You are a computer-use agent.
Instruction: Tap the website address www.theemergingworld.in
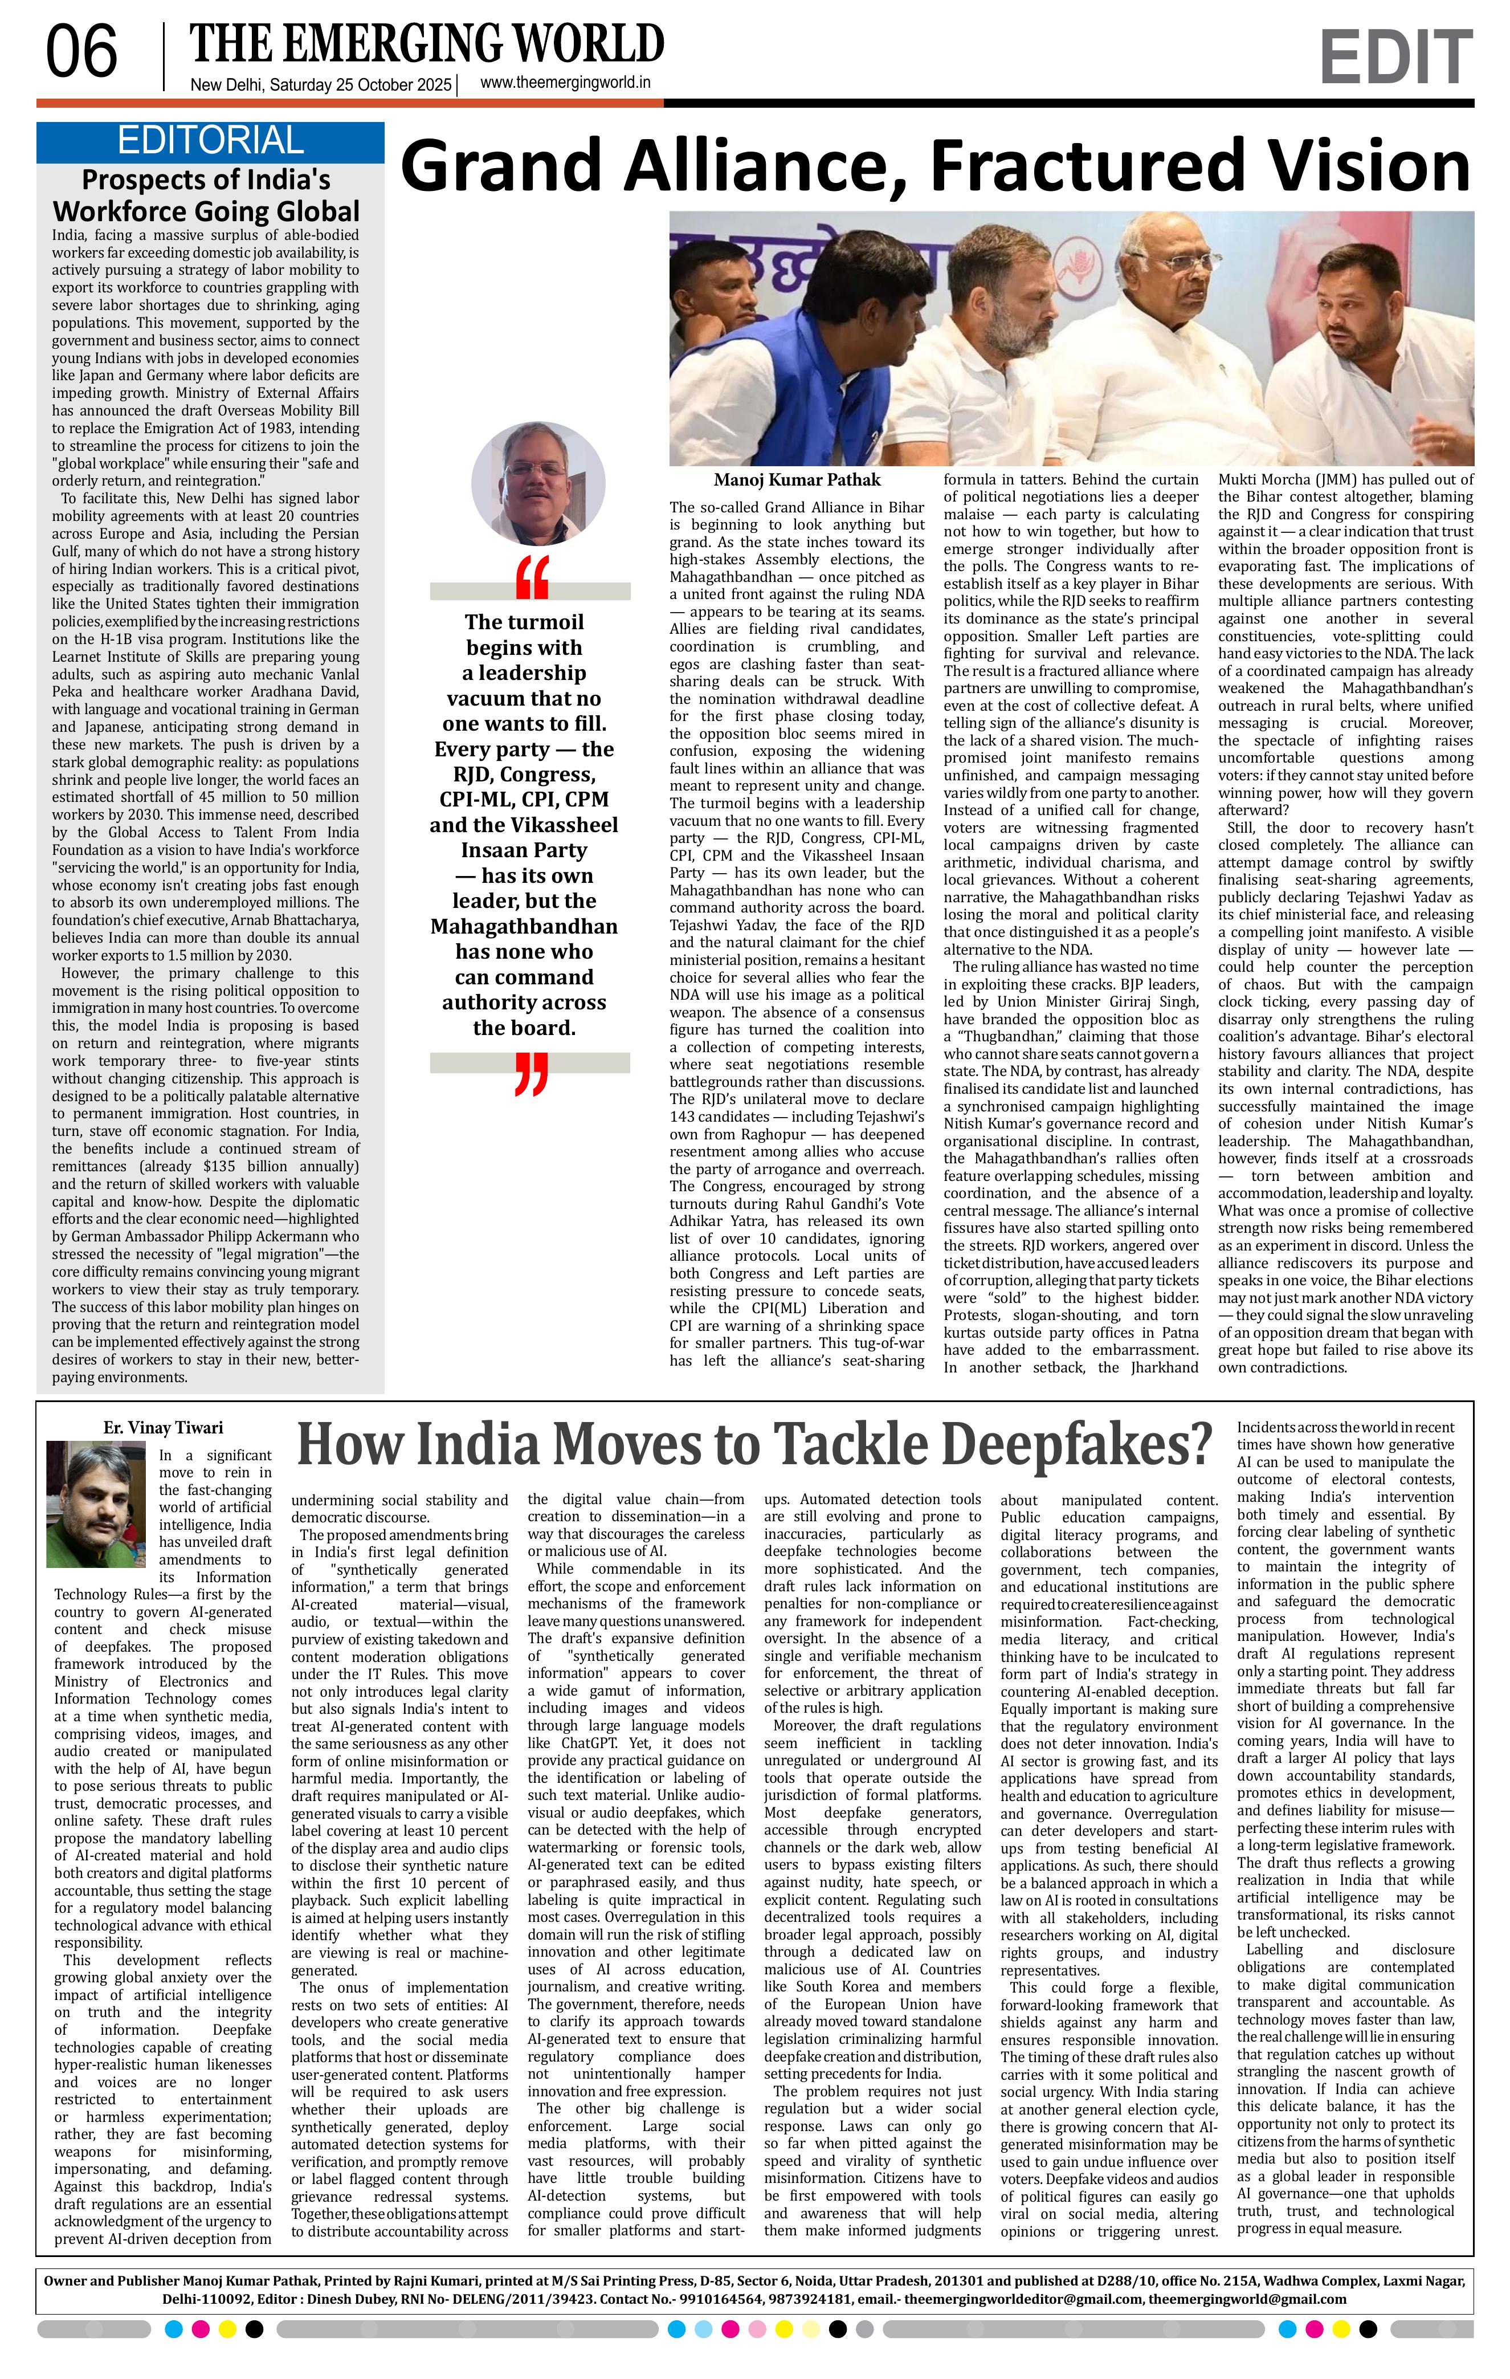[x=565, y=84]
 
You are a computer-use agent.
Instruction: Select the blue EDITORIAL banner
[x=209, y=141]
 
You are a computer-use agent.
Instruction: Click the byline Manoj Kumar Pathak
[x=796, y=480]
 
